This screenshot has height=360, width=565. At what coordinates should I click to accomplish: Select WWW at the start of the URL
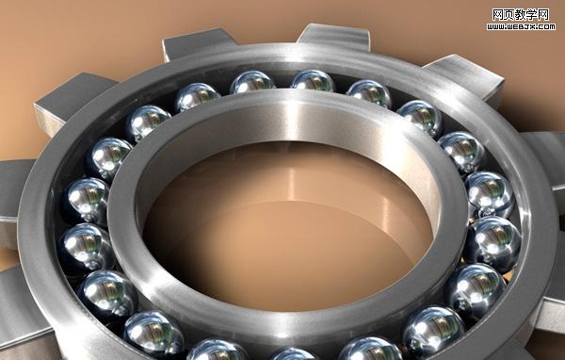point(497,25)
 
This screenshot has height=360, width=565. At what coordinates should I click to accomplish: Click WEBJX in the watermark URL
point(519,25)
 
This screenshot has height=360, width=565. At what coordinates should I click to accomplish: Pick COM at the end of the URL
point(545,25)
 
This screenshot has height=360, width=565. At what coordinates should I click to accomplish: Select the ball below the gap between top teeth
point(252,82)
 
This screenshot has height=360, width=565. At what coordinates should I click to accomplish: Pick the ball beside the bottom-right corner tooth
point(476,288)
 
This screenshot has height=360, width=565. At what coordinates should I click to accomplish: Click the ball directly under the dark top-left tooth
point(197,96)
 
